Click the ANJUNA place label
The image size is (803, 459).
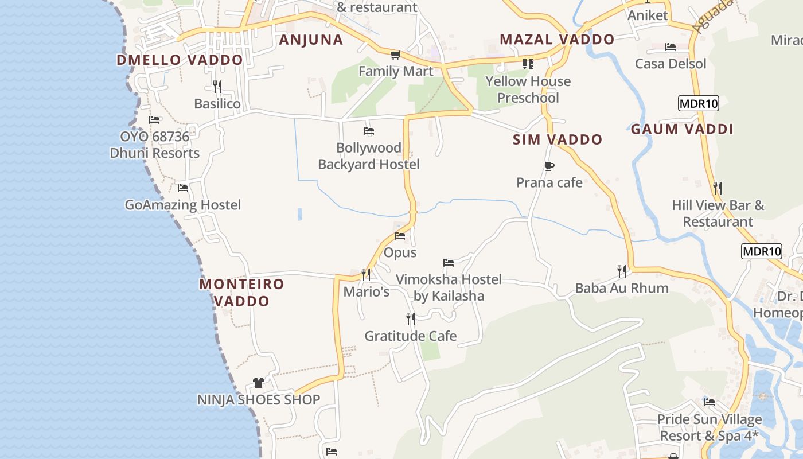pyautogui.click(x=311, y=40)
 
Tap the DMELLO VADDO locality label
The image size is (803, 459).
pyautogui.click(x=180, y=60)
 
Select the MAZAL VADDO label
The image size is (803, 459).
pyautogui.click(x=557, y=40)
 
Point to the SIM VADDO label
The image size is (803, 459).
pyautogui.click(x=558, y=139)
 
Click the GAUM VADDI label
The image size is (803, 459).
pyautogui.click(x=682, y=129)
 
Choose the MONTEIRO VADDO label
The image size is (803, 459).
pyautogui.click(x=241, y=292)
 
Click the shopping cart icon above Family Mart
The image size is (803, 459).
pyautogui.click(x=395, y=55)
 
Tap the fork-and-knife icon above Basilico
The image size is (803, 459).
pyautogui.click(x=217, y=87)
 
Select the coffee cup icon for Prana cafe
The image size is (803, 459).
pyautogui.click(x=549, y=166)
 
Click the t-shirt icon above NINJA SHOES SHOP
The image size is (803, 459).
pyautogui.click(x=259, y=383)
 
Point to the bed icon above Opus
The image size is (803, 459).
pyautogui.click(x=400, y=236)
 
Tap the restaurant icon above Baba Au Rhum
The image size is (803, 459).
pyautogui.click(x=622, y=271)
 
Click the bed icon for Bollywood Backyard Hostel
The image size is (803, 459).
pyautogui.click(x=369, y=131)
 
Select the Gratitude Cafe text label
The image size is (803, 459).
pyautogui.click(x=411, y=336)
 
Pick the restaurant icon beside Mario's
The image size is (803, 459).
pyautogui.click(x=366, y=275)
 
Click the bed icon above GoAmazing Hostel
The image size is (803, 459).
pyautogui.click(x=183, y=188)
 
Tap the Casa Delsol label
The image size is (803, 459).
pyautogui.click(x=671, y=63)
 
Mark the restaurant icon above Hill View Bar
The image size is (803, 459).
pyautogui.click(x=717, y=188)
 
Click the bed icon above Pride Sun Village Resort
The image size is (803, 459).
pyautogui.click(x=710, y=402)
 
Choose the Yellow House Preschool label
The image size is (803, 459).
pyautogui.click(x=528, y=90)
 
